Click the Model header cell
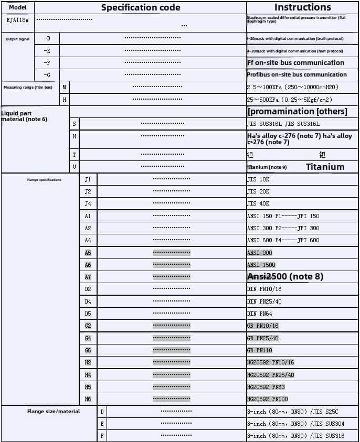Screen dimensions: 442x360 [18, 7]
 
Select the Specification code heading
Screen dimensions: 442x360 [141, 7]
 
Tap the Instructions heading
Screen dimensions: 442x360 [302, 7]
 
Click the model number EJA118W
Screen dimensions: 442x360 [18, 20]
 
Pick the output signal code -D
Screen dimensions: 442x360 [47, 38]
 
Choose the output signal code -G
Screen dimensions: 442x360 [47, 75]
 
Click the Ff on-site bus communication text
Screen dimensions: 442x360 [295, 63]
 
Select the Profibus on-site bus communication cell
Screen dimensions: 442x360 [297, 75]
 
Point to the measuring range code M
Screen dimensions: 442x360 [64, 87]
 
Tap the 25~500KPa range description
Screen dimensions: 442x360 [289, 100]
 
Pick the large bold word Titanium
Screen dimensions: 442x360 [325, 167]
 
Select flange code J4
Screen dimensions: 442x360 [88, 203]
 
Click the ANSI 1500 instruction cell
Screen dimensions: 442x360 [261, 265]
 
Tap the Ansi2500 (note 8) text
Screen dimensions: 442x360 [285, 276]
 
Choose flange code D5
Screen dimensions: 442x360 [88, 314]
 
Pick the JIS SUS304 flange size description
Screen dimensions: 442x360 [295, 424]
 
